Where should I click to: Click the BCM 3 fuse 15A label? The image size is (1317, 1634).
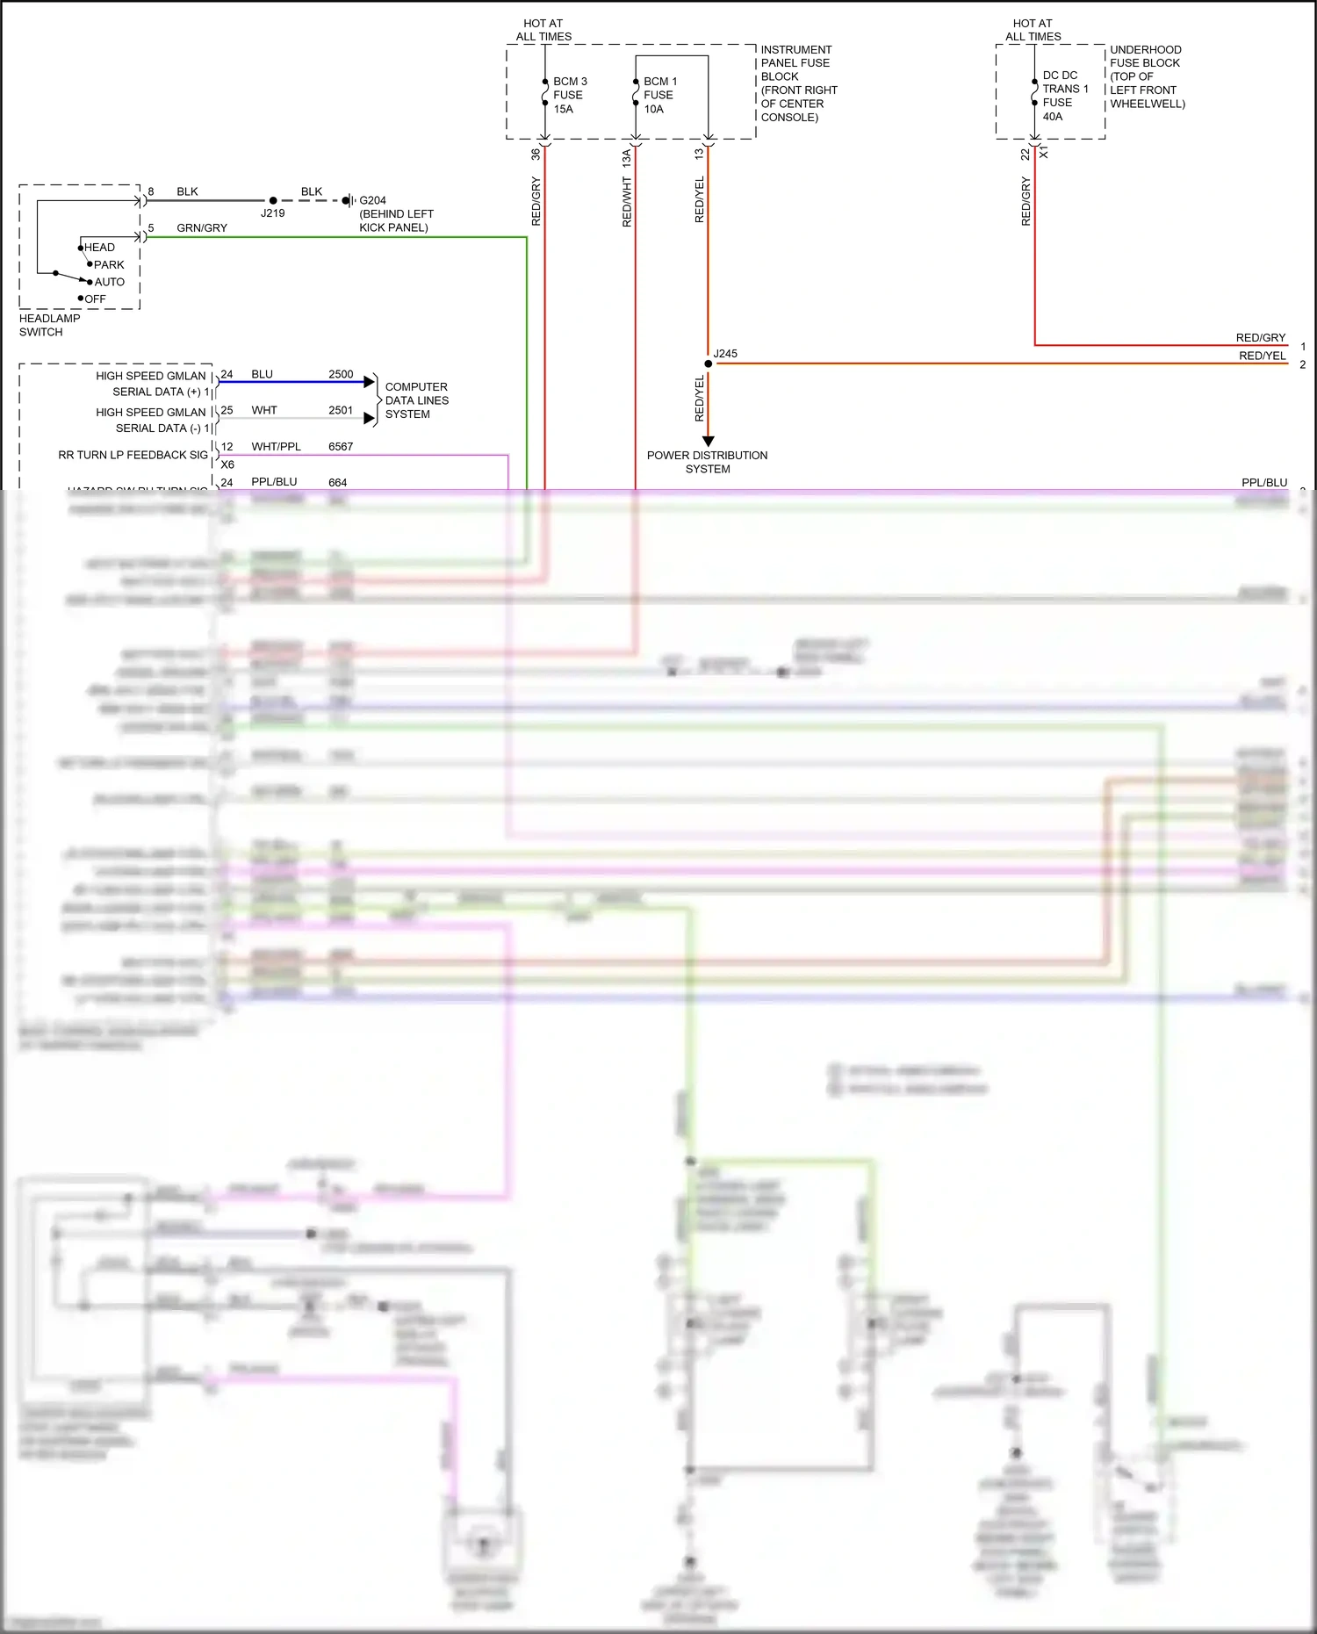[x=569, y=95]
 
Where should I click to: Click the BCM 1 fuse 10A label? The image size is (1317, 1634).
[x=659, y=95]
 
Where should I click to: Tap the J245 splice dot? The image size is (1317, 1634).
[x=709, y=364]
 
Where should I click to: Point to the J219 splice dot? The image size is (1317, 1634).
[x=273, y=201]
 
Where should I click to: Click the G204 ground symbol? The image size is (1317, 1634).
[x=349, y=201]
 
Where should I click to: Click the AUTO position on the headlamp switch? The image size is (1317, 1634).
[x=109, y=282]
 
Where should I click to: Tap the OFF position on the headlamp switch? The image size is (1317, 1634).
[x=94, y=299]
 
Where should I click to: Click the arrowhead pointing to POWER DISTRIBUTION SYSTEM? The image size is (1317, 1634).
[x=709, y=441]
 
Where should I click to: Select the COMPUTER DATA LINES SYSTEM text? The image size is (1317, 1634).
[x=416, y=400]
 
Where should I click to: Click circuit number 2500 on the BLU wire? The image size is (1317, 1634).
[x=341, y=374]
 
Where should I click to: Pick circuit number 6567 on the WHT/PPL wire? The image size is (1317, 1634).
[x=341, y=447]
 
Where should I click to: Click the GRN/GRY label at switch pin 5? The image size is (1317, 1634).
[x=202, y=228]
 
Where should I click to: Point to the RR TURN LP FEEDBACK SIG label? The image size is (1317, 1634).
[x=133, y=455]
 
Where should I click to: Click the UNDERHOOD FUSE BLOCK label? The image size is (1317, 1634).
[x=1146, y=76]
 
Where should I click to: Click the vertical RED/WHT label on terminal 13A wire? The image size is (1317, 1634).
[x=627, y=202]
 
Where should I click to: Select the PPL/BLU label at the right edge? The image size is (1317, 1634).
[x=1264, y=483]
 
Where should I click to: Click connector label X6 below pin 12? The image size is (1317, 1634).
[x=227, y=464]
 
